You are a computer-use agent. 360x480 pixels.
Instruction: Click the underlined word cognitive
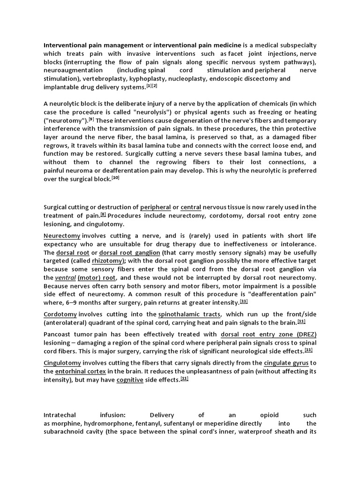133,380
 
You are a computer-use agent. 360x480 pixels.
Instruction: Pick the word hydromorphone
106,424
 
